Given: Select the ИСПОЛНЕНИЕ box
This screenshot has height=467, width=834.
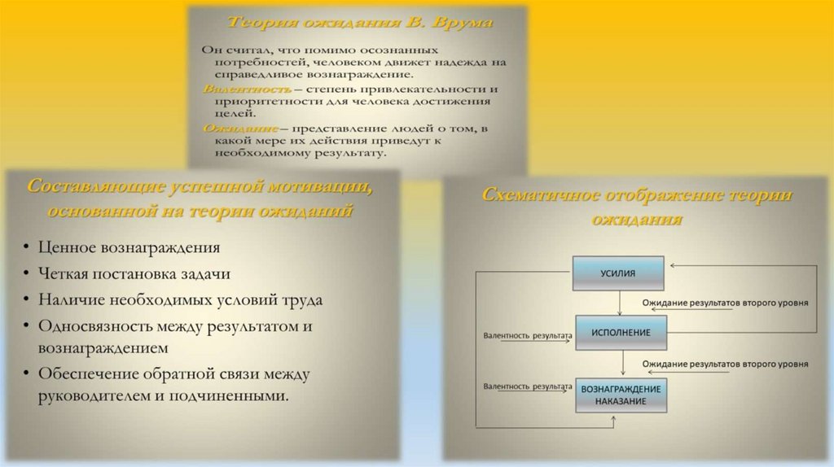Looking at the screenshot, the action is click(620, 333).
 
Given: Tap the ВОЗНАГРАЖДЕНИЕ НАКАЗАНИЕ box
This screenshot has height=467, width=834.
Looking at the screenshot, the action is click(621, 395).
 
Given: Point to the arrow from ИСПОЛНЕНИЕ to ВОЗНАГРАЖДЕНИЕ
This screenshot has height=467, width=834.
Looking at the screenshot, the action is click(622, 364).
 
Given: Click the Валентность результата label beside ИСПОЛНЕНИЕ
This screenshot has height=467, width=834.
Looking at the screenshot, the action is click(526, 334).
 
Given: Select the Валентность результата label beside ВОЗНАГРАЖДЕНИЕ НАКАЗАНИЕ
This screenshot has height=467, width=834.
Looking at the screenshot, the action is click(526, 385).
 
